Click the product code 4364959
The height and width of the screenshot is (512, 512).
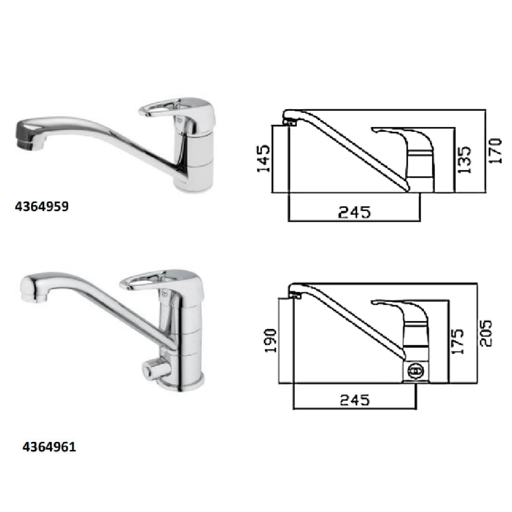tap(42, 206)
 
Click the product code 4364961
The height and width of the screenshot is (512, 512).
tap(49, 447)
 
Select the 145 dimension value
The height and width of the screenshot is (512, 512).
tap(263, 159)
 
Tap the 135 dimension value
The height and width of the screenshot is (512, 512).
tap(464, 160)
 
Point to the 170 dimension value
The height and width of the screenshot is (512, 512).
tap(495, 151)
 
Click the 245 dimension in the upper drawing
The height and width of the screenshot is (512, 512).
tap(354, 212)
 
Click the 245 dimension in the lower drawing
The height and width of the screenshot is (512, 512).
tap(355, 400)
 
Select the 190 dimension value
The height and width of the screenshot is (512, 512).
tap(270, 340)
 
